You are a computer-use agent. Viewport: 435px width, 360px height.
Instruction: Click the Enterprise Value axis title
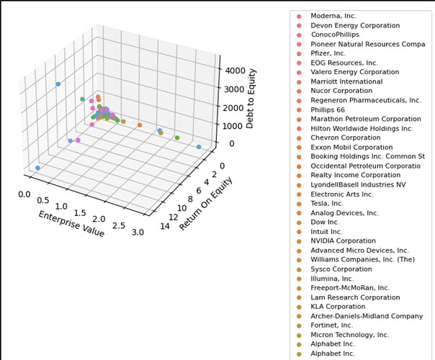click(x=71, y=224)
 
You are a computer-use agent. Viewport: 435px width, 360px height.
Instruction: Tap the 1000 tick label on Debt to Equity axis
click(x=231, y=125)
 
